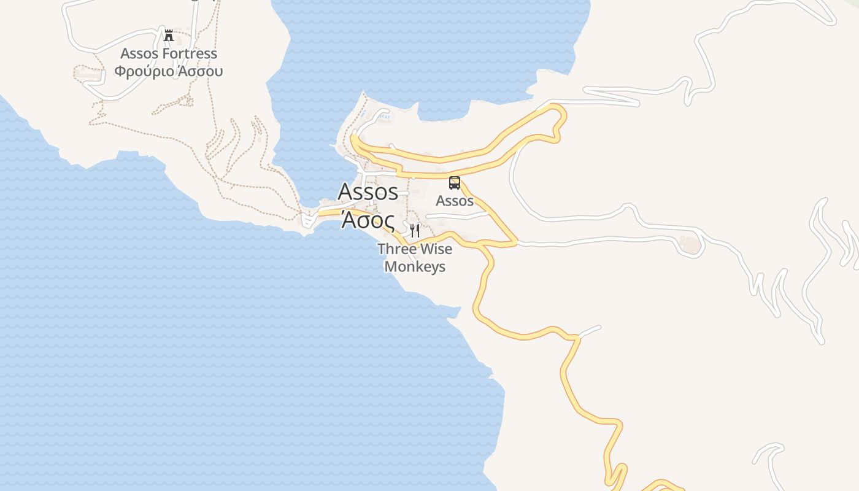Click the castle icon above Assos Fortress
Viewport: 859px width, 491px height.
point(169,35)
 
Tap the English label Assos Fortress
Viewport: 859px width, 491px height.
point(169,53)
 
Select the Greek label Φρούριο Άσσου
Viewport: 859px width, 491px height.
point(169,71)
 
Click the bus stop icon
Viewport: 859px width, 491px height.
point(454,182)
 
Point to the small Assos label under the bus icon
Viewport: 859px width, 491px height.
point(455,201)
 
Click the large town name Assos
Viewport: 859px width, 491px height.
point(368,191)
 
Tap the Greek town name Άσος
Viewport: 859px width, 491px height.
point(367,220)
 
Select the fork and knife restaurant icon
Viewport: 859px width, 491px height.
point(415,230)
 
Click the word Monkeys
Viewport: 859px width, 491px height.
point(415,267)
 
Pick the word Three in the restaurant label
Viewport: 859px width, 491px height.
point(395,249)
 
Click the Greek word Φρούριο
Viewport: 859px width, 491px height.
point(144,71)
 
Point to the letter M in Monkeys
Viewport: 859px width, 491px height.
point(391,267)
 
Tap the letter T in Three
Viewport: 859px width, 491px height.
point(381,249)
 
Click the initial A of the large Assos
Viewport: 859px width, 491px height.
point(345,191)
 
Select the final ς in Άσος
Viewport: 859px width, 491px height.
point(388,221)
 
